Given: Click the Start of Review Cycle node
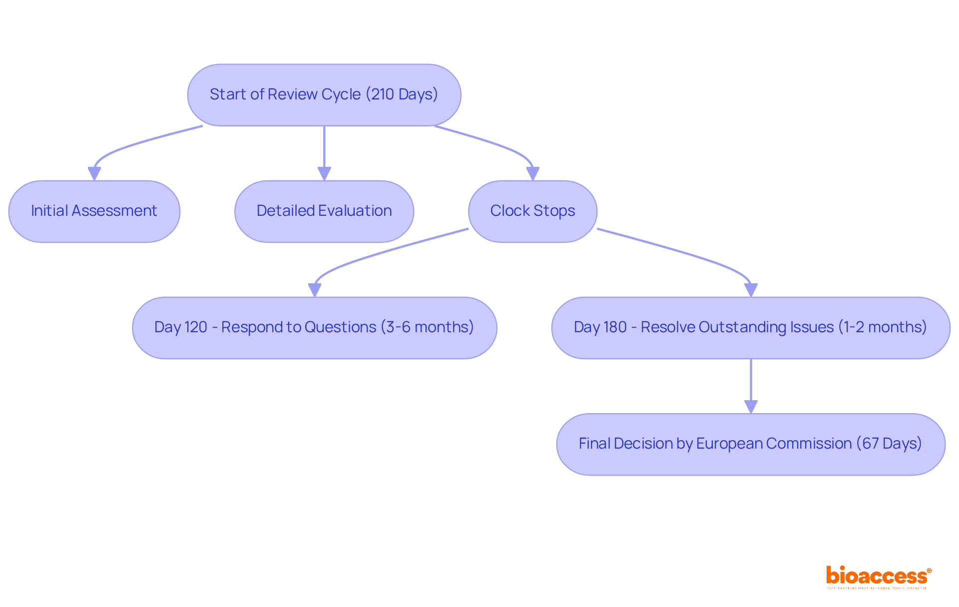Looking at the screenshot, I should (324, 95).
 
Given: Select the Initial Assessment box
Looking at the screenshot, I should (94, 211).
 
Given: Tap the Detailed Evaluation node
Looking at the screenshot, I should (324, 211).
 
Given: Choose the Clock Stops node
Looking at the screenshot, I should (532, 211).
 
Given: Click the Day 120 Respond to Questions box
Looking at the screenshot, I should (314, 328).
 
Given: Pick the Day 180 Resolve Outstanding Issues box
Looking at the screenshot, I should (750, 328).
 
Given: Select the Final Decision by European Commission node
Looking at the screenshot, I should (750, 444).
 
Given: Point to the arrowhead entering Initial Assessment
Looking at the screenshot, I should (94, 173).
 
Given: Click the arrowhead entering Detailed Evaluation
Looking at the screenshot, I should (324, 173).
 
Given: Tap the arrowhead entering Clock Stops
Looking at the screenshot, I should (533, 173).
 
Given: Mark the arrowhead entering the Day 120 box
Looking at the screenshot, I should (315, 290).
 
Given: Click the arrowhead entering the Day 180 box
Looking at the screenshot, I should (751, 290).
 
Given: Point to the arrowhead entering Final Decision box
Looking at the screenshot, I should (751, 407).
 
